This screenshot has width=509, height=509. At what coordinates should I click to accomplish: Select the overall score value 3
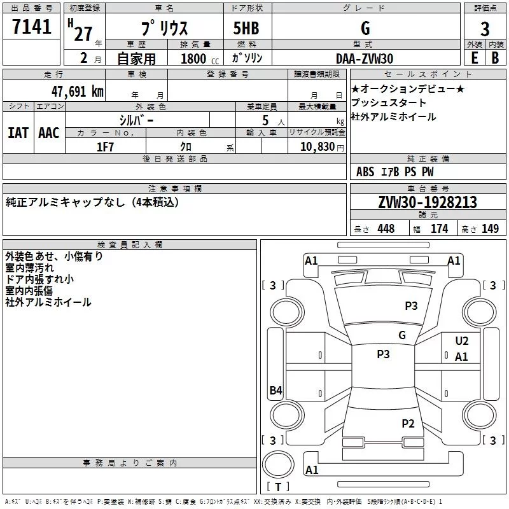(x=485, y=29)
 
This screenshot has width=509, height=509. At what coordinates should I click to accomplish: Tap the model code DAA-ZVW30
(x=365, y=58)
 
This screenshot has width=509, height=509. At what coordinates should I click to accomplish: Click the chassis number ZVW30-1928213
(x=428, y=203)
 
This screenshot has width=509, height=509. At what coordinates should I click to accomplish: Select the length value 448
(x=386, y=229)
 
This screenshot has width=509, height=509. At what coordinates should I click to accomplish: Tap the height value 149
(x=490, y=229)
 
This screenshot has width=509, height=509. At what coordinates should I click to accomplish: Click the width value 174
(x=439, y=229)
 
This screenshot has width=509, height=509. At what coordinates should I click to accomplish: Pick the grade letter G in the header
(x=365, y=29)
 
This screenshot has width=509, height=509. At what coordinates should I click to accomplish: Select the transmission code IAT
(x=18, y=133)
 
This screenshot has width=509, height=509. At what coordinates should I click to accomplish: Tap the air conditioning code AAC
(x=49, y=133)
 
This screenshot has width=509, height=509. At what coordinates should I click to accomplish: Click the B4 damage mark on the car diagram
(x=275, y=391)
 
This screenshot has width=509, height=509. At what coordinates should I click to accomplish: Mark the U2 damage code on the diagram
(x=462, y=342)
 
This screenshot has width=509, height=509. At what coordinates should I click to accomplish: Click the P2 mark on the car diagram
(x=408, y=423)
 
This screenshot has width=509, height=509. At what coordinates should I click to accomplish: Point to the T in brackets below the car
(x=278, y=487)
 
